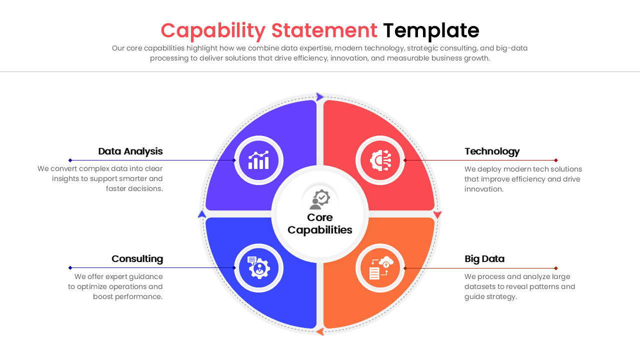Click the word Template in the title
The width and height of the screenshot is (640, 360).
tap(431, 31)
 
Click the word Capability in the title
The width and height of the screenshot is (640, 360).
tap(213, 31)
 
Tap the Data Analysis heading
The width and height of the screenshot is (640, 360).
tap(130, 151)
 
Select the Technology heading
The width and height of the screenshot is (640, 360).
tap(492, 151)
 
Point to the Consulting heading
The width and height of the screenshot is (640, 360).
tap(137, 259)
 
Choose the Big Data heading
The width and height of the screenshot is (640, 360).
tap(484, 259)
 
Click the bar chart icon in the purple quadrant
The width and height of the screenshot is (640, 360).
tap(258, 160)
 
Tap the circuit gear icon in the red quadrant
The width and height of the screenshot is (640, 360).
tap(380, 160)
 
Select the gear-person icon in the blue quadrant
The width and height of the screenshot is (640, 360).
tap(258, 268)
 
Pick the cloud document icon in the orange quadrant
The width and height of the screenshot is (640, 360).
tap(380, 268)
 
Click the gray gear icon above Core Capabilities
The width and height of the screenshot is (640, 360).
tap(320, 199)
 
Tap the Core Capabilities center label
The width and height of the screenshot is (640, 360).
tap(320, 223)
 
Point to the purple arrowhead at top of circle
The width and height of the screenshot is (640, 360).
tap(320, 97)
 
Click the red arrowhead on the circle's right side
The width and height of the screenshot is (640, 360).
tap(437, 214)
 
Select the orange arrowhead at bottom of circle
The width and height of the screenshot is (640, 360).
tap(320, 331)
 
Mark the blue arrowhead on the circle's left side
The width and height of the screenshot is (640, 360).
tap(202, 214)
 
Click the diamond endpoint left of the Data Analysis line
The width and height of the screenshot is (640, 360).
tap(70, 160)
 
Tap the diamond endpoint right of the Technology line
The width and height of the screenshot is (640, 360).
tap(556, 160)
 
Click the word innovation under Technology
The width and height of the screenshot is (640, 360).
tap(483, 189)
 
